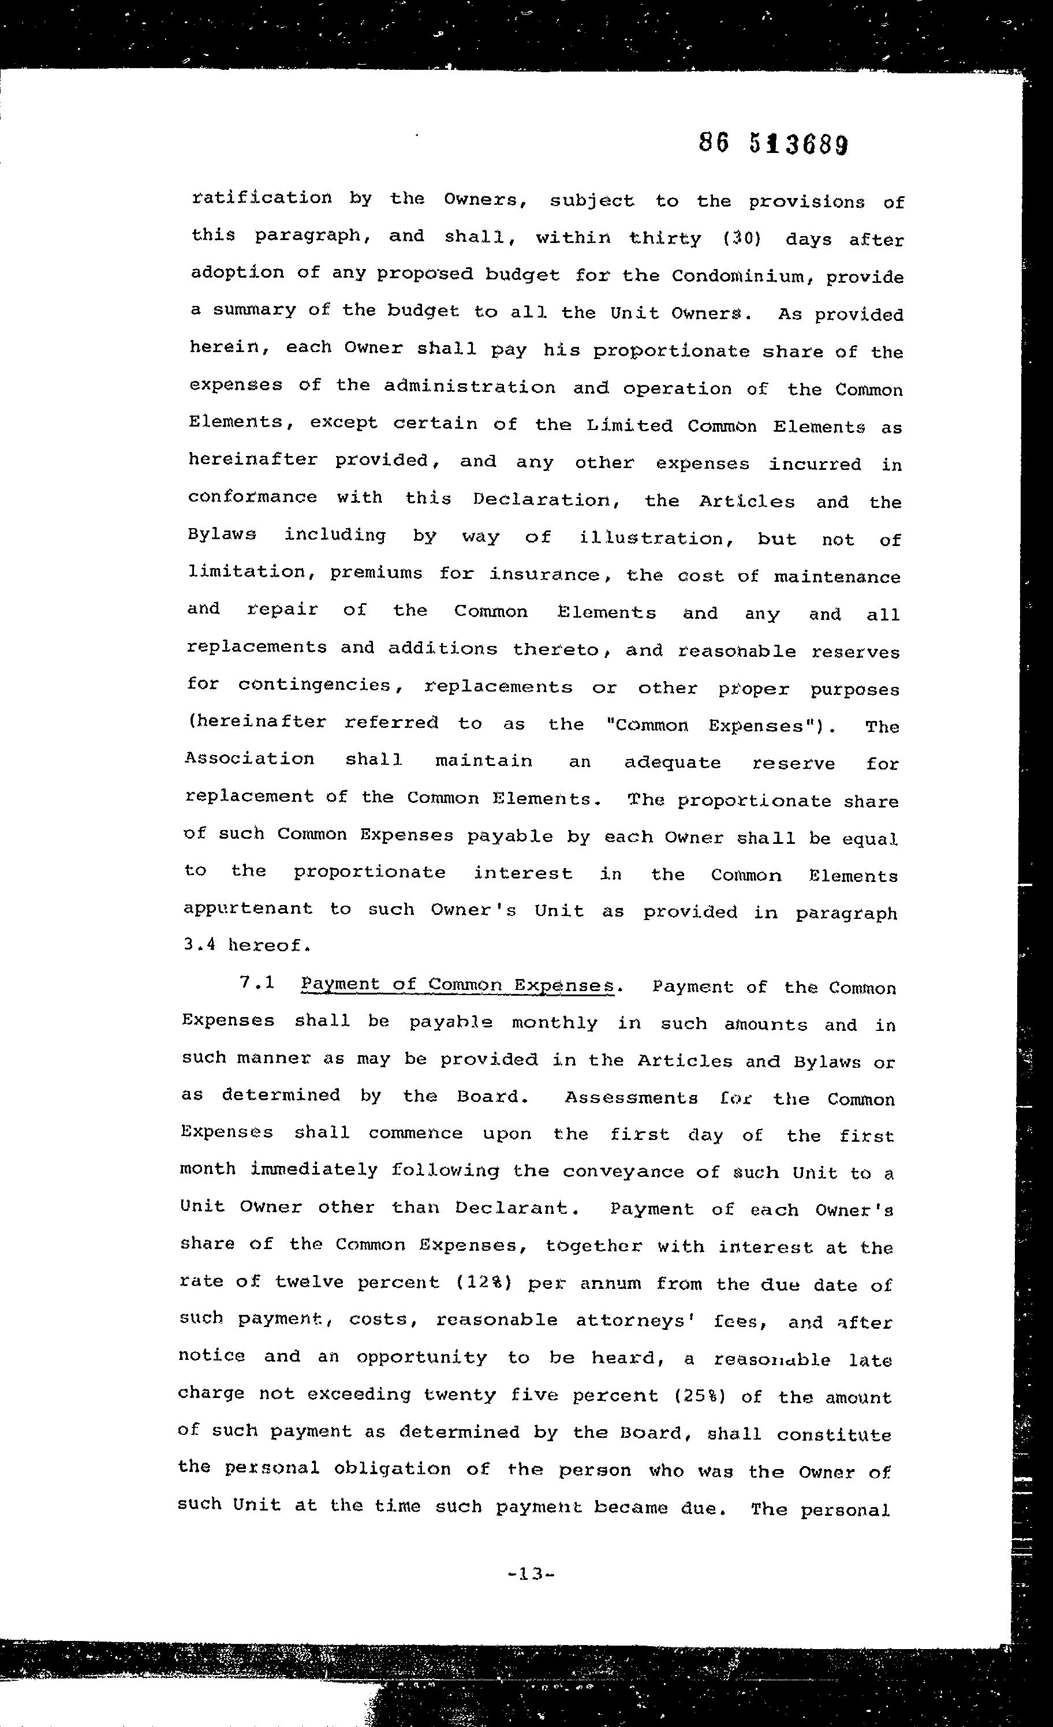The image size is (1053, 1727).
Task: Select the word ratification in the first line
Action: point(262,197)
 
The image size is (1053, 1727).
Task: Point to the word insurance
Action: point(546,575)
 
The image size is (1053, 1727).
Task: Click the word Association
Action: point(249,758)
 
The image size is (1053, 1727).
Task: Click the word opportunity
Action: point(421,1358)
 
